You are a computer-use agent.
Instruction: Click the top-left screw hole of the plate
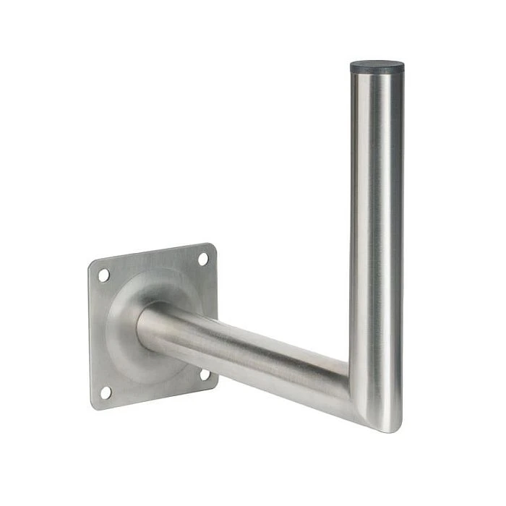pos(104,275)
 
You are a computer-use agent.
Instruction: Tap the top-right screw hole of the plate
pos(203,259)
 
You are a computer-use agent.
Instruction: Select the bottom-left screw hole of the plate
pos(106,392)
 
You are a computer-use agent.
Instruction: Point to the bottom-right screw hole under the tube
pos(205,374)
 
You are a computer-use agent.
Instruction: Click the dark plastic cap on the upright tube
pos(377,69)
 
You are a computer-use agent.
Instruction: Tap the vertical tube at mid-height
pos(377,239)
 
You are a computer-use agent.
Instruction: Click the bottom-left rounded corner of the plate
pos(95,405)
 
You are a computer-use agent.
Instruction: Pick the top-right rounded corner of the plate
pos(210,246)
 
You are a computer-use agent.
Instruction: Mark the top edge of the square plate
pos(152,254)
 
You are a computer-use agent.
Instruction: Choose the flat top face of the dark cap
pos(377,64)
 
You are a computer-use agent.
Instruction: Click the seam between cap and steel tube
pos(377,75)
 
